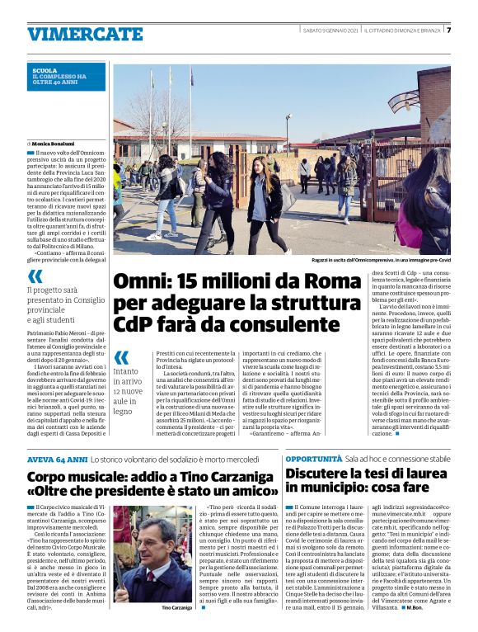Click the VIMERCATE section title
pyautogui.click(x=73, y=34)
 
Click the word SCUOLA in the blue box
pyautogui.click(x=45, y=71)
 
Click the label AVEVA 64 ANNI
pyautogui.click(x=57, y=458)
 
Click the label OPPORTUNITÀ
pyautogui.click(x=314, y=458)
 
